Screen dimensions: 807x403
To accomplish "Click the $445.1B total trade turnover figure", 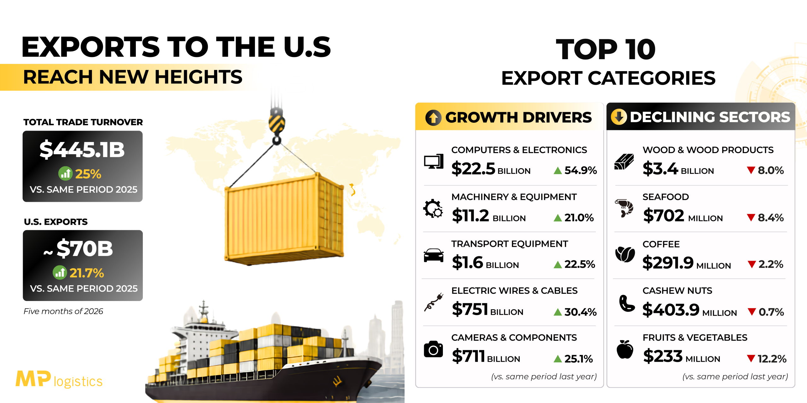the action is pyautogui.click(x=82, y=150).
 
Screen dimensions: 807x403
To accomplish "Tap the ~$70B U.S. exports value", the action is pyautogui.click(x=78, y=249).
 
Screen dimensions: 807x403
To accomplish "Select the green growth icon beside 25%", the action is pyautogui.click(x=66, y=173).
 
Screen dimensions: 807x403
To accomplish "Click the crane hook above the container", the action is pyautogui.click(x=277, y=126).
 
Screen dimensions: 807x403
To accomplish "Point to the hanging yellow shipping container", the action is pyautogui.click(x=284, y=219).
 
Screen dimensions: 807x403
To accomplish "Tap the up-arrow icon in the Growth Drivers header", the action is pyautogui.click(x=433, y=118).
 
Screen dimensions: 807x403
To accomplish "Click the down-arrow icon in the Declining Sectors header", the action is pyautogui.click(x=619, y=117).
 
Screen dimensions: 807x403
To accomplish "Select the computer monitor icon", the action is pyautogui.click(x=434, y=162).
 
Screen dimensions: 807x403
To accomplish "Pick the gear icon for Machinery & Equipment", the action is pyautogui.click(x=433, y=208).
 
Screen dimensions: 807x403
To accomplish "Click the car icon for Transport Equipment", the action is pyautogui.click(x=433, y=255).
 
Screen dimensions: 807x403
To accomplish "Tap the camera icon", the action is pyautogui.click(x=433, y=349).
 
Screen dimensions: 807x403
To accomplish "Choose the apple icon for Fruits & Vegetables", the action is pyautogui.click(x=625, y=349).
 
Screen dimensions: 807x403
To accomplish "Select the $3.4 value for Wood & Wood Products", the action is pyautogui.click(x=660, y=168).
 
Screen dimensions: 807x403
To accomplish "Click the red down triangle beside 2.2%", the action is pyautogui.click(x=752, y=264).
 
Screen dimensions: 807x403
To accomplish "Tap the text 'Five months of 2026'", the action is pyautogui.click(x=63, y=311).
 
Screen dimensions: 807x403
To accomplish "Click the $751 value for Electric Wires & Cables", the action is pyautogui.click(x=470, y=309).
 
